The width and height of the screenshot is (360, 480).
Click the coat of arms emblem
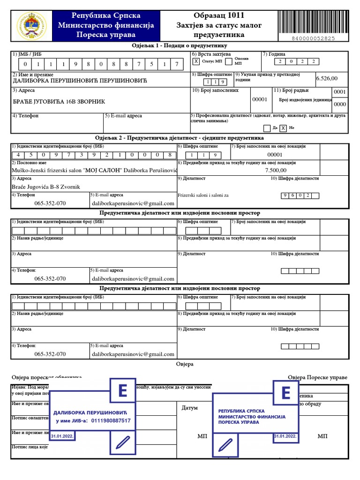31,25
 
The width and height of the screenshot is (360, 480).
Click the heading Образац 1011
219,15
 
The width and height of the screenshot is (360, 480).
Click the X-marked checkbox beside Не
283,127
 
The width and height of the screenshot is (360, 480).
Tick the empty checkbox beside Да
267,127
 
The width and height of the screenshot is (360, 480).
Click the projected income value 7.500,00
276,171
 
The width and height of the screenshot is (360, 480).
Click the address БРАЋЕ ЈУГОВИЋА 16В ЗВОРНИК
59,101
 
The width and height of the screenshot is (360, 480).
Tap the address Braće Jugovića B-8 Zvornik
45,187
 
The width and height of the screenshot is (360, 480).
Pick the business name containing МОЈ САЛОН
94,171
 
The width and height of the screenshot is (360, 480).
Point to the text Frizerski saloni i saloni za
203,195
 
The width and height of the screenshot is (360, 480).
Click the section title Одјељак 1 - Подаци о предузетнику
180,46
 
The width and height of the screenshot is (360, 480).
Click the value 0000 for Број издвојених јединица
339,105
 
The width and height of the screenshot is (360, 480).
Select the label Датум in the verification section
190,408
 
